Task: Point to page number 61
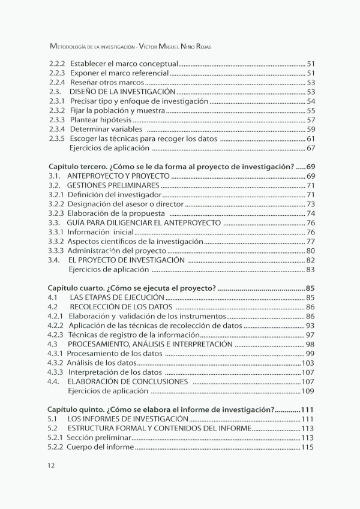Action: [311, 139]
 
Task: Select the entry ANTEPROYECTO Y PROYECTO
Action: [119, 176]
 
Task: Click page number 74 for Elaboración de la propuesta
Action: [311, 214]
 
